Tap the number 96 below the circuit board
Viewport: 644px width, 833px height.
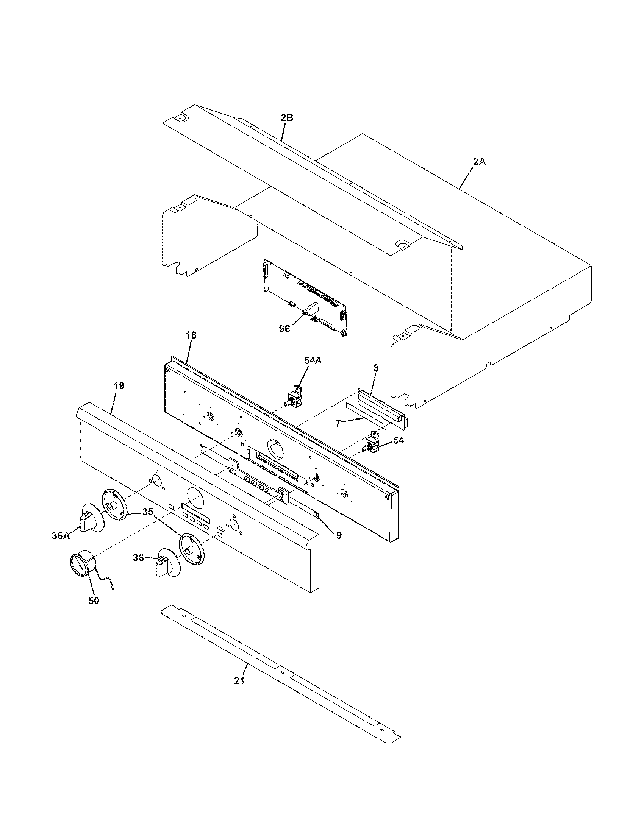point(284,329)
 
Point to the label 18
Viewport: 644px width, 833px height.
point(191,335)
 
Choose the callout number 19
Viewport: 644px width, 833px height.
point(119,385)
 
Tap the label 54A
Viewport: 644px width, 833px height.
point(313,360)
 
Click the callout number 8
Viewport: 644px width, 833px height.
point(376,368)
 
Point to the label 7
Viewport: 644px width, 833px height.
point(338,423)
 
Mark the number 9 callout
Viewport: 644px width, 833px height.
point(339,535)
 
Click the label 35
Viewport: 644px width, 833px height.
point(148,512)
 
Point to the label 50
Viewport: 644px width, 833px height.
point(94,601)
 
